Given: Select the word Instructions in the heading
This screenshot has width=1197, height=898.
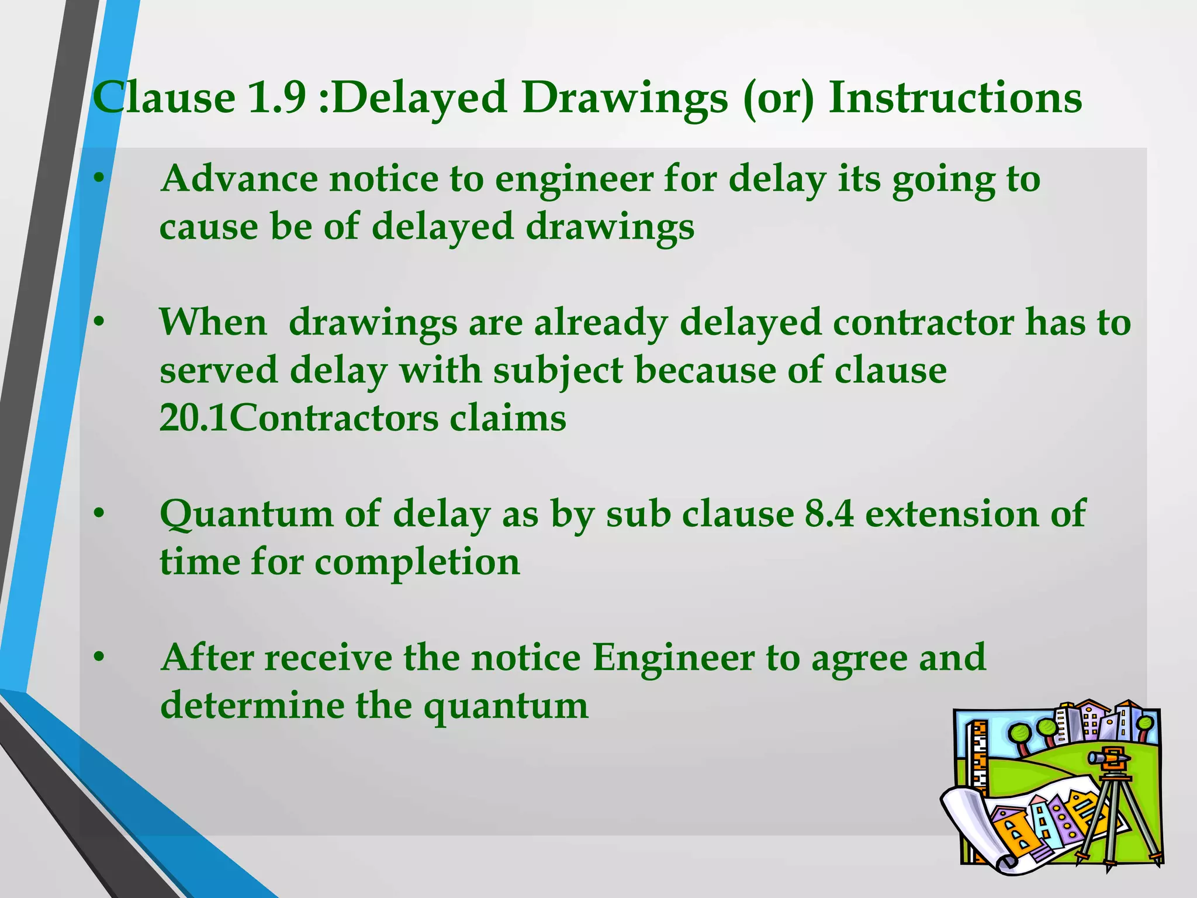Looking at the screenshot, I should click(955, 97).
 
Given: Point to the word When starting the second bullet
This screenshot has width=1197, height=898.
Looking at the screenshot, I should click(213, 322).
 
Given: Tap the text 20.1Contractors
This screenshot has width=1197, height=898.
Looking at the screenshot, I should click(299, 419).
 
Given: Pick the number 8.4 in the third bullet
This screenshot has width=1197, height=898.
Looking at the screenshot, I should click(829, 514).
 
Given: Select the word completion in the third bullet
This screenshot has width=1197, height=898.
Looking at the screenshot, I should click(417, 562).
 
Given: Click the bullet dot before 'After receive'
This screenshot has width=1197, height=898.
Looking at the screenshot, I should click(100, 658).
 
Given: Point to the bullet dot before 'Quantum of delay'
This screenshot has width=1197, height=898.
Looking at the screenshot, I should click(100, 514).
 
